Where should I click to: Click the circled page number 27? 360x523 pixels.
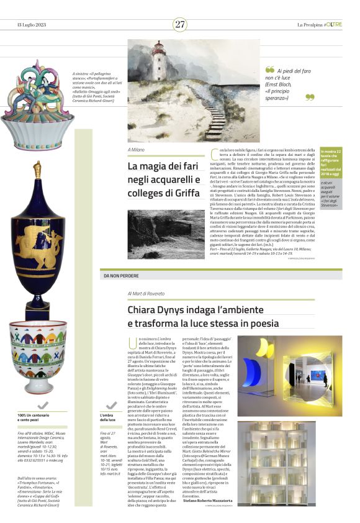pyautogui.click(x=180, y=24)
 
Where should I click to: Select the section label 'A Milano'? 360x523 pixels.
pyautogui.click(x=136, y=150)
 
